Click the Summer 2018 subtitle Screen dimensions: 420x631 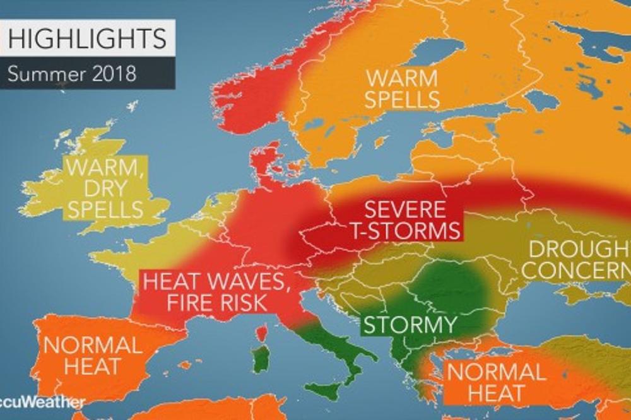[x=72, y=73]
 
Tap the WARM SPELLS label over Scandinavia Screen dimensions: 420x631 [x=403, y=89]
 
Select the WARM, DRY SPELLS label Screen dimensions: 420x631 [x=105, y=188]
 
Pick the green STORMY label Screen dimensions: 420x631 [x=408, y=325]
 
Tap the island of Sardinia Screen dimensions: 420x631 [x=261, y=359]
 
